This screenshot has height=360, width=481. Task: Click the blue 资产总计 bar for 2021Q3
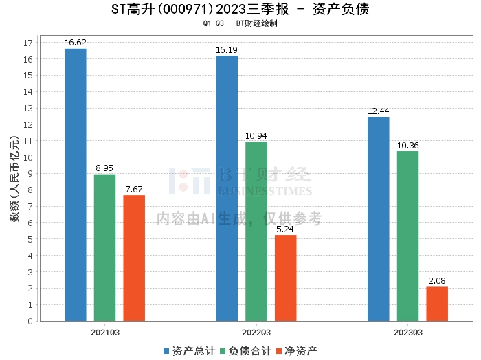pos(76,185)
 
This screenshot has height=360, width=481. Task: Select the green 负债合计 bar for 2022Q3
pos(256,232)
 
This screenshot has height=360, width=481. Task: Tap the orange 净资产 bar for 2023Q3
pos(437,304)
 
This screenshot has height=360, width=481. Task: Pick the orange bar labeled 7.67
pos(134,258)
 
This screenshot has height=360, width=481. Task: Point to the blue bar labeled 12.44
pos(379,219)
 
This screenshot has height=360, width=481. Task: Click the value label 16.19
pos(227,50)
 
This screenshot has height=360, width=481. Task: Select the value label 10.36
pos(408,146)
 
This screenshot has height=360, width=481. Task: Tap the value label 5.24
pos(285,229)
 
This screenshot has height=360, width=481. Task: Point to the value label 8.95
pos(104,168)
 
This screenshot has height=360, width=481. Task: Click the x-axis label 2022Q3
pos(256,333)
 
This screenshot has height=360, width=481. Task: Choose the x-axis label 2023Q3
pos(408,333)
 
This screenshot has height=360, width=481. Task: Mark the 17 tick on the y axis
pos(28,43)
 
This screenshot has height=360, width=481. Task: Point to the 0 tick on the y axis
pos(30,321)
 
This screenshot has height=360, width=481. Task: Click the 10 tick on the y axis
pos(28,157)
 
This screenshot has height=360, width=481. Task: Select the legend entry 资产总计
pos(189,351)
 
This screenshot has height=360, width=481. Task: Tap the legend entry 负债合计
pos(246,351)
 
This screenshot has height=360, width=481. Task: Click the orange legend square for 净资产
pos(279,351)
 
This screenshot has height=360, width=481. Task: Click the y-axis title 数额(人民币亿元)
pos(14,179)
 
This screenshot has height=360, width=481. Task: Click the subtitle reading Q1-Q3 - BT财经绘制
pos(240,23)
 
